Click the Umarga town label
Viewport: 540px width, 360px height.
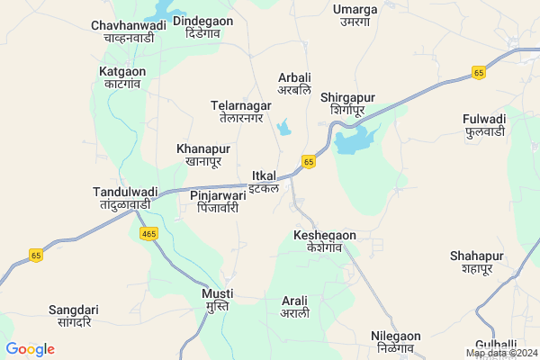[355, 15]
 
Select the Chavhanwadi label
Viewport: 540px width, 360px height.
[129, 31]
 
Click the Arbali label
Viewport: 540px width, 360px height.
[294, 85]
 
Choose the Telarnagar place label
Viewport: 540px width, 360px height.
[240, 111]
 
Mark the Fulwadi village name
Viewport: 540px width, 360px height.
[484, 125]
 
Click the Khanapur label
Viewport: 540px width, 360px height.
[203, 155]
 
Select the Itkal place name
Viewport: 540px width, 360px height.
[264, 181]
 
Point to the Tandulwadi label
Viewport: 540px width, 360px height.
[125, 198]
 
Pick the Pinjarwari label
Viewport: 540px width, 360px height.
[218, 200]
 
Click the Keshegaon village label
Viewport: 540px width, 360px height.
[325, 241]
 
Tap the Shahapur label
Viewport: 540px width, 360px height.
[472, 262]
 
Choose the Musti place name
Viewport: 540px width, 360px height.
[217, 300]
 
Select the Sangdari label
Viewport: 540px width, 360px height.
[73, 316]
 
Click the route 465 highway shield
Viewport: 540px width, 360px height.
[149, 233]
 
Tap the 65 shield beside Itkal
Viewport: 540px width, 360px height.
[309, 162]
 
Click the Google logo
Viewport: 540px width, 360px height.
[30, 349]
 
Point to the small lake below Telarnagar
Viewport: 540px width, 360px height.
[285, 128]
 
